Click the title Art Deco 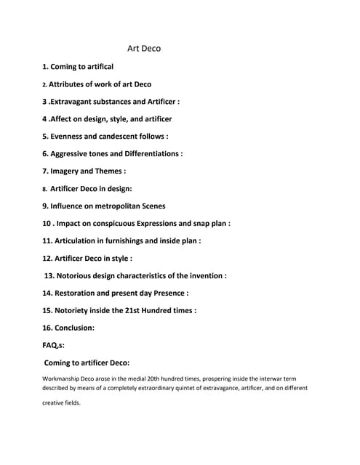[144, 49]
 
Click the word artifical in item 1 [96, 67]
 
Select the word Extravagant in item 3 [76, 102]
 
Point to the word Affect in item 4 [63, 118]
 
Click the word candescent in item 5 [117, 136]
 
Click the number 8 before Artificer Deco [44, 189]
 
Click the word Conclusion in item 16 [73, 328]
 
